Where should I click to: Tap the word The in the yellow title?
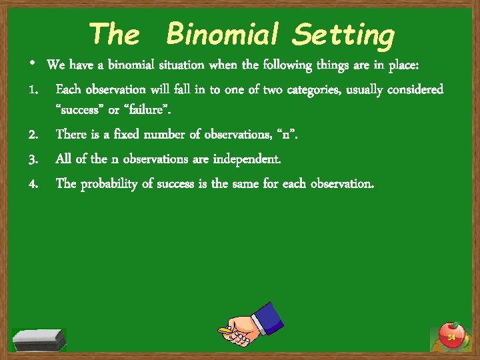pos(114,33)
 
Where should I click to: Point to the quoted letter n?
pos(287,135)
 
